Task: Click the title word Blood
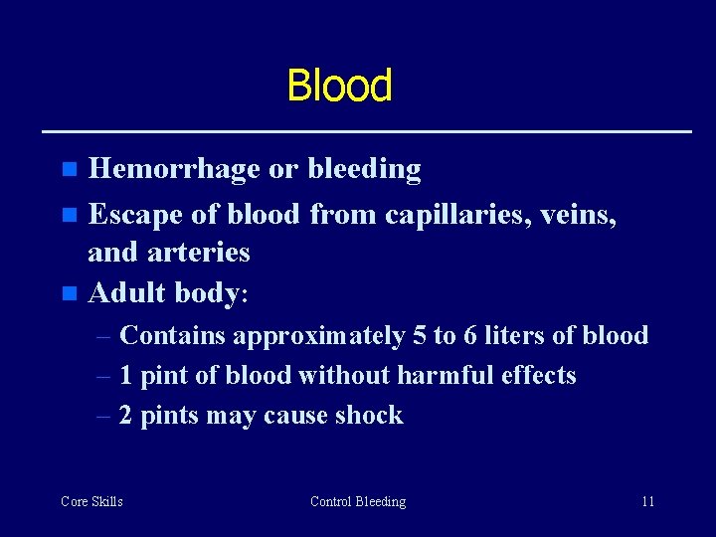pyautogui.click(x=339, y=86)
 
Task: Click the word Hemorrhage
pyautogui.click(x=175, y=170)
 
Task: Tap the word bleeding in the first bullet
pyautogui.click(x=364, y=170)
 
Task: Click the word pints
pyautogui.click(x=170, y=416)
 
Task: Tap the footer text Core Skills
pyautogui.click(x=91, y=502)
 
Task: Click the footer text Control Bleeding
pyautogui.click(x=358, y=502)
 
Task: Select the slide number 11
pyautogui.click(x=647, y=502)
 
